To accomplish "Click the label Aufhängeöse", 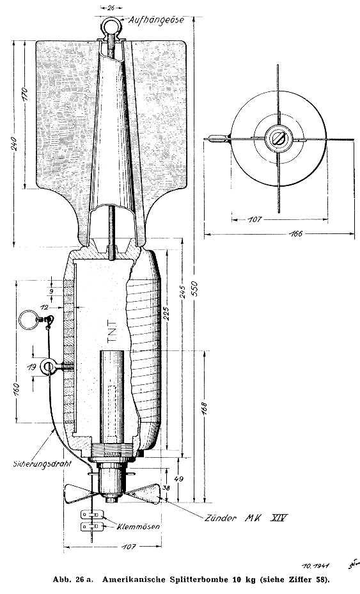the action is click(x=156, y=20).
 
